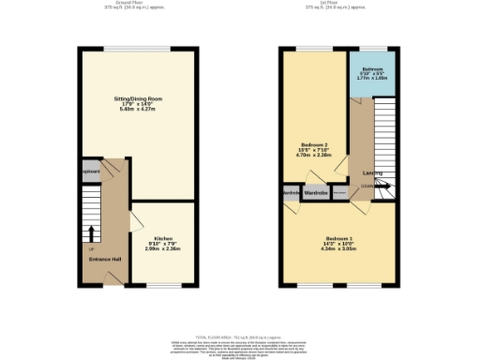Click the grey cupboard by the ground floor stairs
coord(90,172)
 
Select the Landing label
coord(371,173)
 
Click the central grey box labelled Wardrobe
coord(316,192)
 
